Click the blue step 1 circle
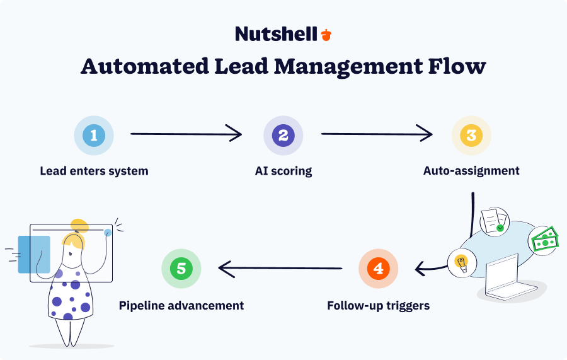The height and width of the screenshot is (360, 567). click(94, 135)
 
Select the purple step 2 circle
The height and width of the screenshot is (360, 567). click(283, 135)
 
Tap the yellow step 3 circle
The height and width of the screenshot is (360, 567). click(471, 135)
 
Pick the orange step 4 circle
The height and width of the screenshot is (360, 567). click(378, 269)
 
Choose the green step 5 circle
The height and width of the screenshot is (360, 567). click(181, 269)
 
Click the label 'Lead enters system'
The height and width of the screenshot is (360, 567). click(94, 171)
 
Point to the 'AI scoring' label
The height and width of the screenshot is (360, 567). click(283, 171)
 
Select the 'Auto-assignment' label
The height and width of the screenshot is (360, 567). click(471, 171)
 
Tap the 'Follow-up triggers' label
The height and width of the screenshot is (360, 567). click(378, 306)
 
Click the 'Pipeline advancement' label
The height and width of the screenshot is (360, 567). click(181, 306)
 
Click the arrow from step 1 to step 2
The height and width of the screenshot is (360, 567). click(186, 134)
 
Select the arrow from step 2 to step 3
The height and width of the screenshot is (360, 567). click(377, 134)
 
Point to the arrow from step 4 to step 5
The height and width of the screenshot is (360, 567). click(280, 269)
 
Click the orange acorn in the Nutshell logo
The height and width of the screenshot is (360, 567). click(326, 35)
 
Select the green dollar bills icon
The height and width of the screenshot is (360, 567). click(544, 241)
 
